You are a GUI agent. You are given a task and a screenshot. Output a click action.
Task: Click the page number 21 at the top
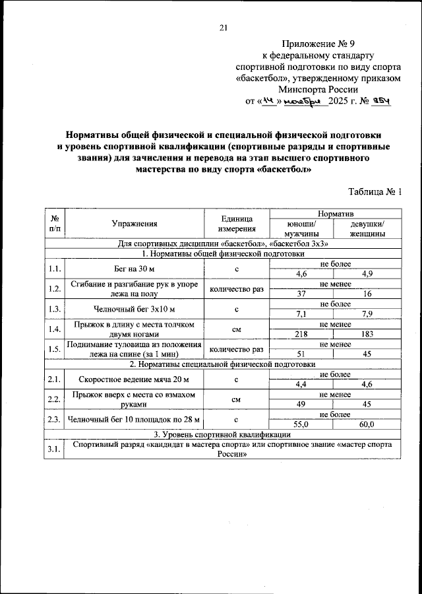point(223,27)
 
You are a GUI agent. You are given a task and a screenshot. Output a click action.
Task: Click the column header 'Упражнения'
point(134,224)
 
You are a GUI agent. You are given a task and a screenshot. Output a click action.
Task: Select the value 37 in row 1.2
point(302,294)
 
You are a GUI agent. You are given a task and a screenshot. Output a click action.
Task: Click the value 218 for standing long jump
point(302,334)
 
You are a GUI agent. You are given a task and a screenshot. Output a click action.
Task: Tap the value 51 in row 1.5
point(302,354)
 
